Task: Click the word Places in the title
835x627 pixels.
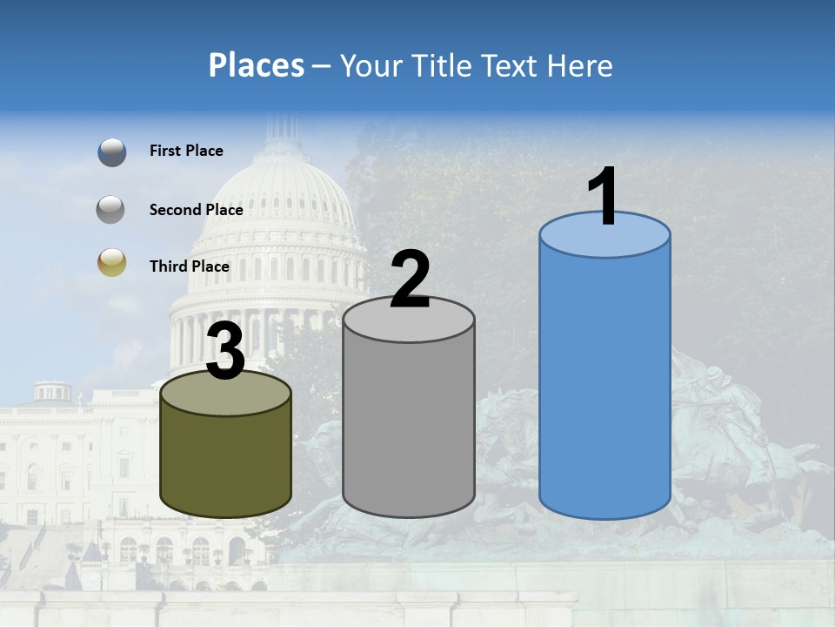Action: coord(257,65)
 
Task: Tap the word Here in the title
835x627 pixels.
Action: coord(581,65)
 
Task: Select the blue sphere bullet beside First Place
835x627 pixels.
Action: coord(111,152)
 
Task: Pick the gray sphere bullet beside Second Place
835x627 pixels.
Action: coord(111,209)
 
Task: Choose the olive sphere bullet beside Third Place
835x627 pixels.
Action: coord(111,263)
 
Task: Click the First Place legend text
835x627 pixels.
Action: coord(186,151)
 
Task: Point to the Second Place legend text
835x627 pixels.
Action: coord(196,210)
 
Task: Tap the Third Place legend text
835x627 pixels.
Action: coord(189,266)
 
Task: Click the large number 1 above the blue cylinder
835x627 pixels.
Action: coord(604,197)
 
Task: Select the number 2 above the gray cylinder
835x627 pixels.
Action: coord(411,280)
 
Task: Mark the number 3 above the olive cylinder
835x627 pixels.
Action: coord(226,351)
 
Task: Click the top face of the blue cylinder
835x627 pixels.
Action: coord(605,239)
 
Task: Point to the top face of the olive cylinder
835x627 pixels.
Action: coord(226,396)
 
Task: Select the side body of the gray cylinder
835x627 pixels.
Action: coord(409,427)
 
